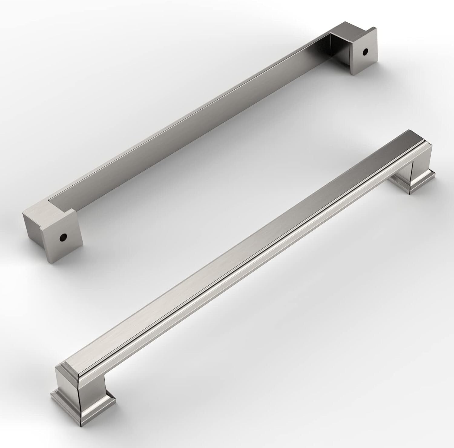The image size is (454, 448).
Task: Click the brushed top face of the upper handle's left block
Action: coord(45,209)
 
